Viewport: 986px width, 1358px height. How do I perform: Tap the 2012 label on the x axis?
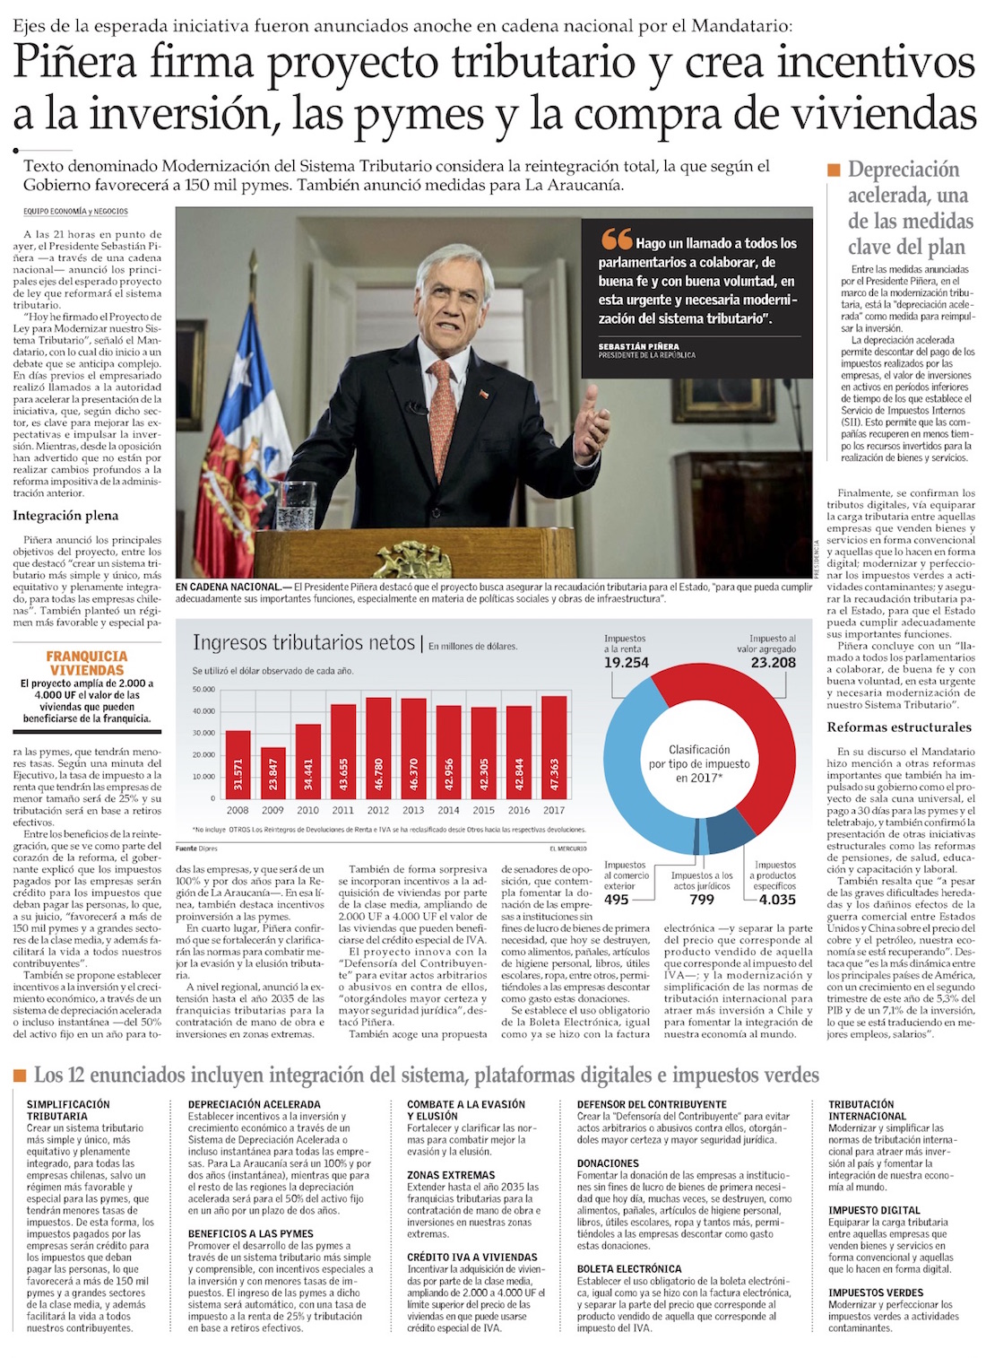[x=378, y=810]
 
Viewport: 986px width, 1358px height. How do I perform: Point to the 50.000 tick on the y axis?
[x=203, y=690]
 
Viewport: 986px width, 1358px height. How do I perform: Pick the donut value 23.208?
[x=773, y=663]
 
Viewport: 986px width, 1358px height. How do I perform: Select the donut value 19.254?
[x=626, y=663]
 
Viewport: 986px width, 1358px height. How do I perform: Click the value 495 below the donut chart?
[x=616, y=899]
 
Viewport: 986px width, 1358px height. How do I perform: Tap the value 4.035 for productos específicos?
[x=776, y=899]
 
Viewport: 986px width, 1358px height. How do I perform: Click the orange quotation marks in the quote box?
[x=616, y=239]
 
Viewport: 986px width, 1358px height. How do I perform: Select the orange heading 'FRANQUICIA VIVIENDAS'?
[x=87, y=663]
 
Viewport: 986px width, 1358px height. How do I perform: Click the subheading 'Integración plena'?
[x=65, y=516]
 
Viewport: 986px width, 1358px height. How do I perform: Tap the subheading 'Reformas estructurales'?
[x=899, y=727]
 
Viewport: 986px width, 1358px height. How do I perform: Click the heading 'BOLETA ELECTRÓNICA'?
[x=629, y=1269]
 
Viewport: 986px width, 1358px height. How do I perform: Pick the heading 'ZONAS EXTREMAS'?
[x=451, y=1175]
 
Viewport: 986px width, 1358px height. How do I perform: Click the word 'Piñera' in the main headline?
[x=75, y=63]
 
